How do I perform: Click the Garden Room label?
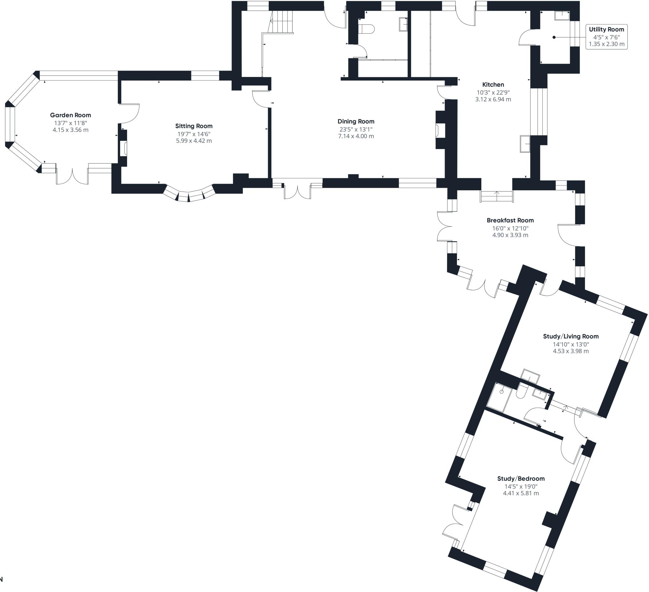pos(70,115)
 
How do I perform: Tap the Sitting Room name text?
pos(194,126)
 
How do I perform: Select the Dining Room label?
pos(356,122)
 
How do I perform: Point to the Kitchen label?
pos(493,85)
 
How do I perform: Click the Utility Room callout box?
pos(607,37)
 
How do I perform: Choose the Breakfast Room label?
pos(510,220)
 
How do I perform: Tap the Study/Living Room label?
pos(571,336)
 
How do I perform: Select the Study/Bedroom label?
pos(521,478)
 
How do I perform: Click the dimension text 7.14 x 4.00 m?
pos(356,136)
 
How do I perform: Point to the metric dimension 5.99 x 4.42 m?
pos(194,141)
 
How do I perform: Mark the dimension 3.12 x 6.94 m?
pos(493,99)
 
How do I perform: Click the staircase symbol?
pos(280,22)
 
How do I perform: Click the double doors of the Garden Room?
pos(73,176)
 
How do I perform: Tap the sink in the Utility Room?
pos(562,16)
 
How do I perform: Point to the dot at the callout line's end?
pos(554,37)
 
